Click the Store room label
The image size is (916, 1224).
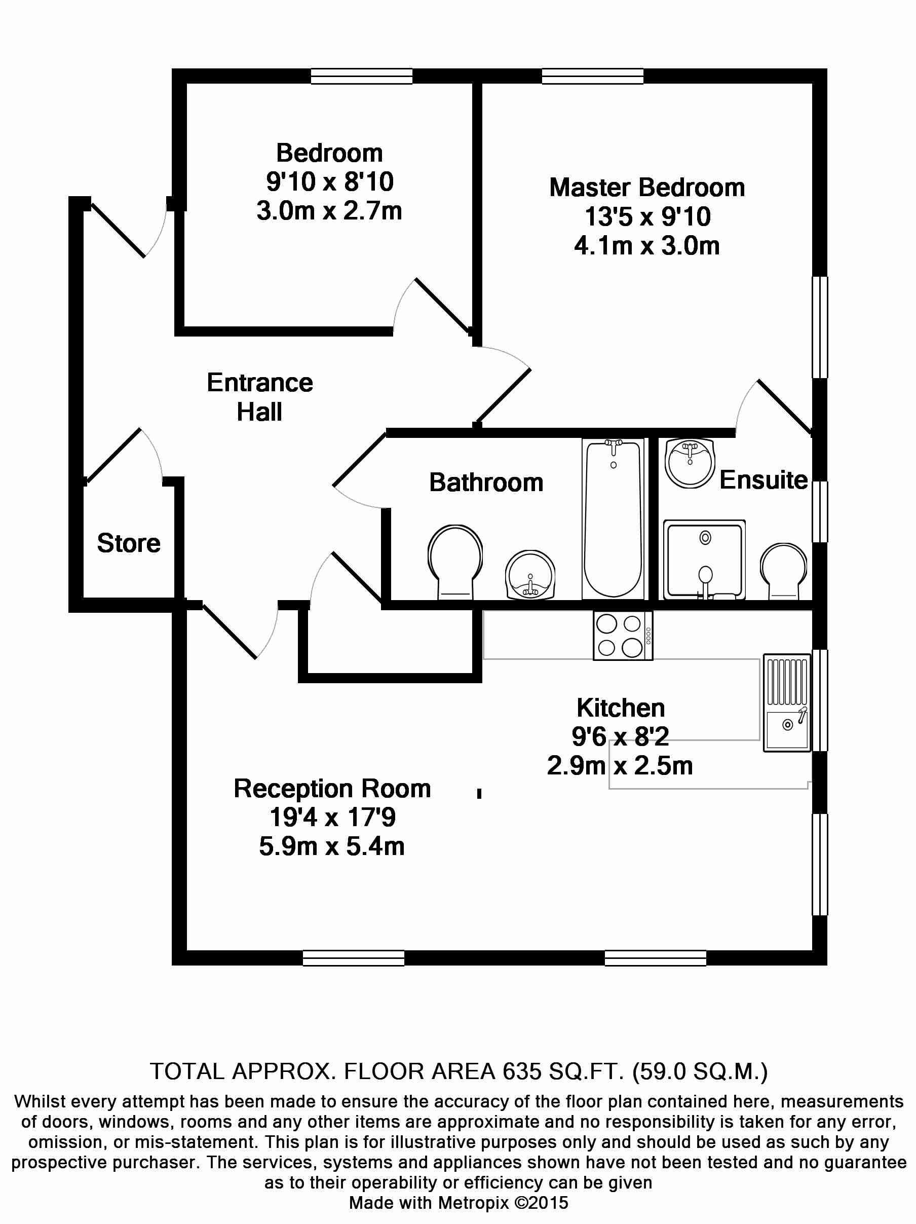click(x=128, y=543)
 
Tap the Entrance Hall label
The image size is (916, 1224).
click(x=259, y=397)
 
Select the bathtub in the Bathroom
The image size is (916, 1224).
click(x=614, y=518)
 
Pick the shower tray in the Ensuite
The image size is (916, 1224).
click(x=704, y=560)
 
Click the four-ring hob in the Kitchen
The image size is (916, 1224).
click(x=623, y=635)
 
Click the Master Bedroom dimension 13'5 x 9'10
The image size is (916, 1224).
click(x=647, y=217)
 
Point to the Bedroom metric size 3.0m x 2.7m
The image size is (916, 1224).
click(x=329, y=211)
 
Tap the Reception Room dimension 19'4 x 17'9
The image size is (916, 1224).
click(x=332, y=818)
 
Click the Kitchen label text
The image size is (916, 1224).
click(x=621, y=708)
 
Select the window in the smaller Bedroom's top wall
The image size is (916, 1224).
click(x=361, y=76)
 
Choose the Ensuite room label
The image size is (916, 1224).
click(x=764, y=480)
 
